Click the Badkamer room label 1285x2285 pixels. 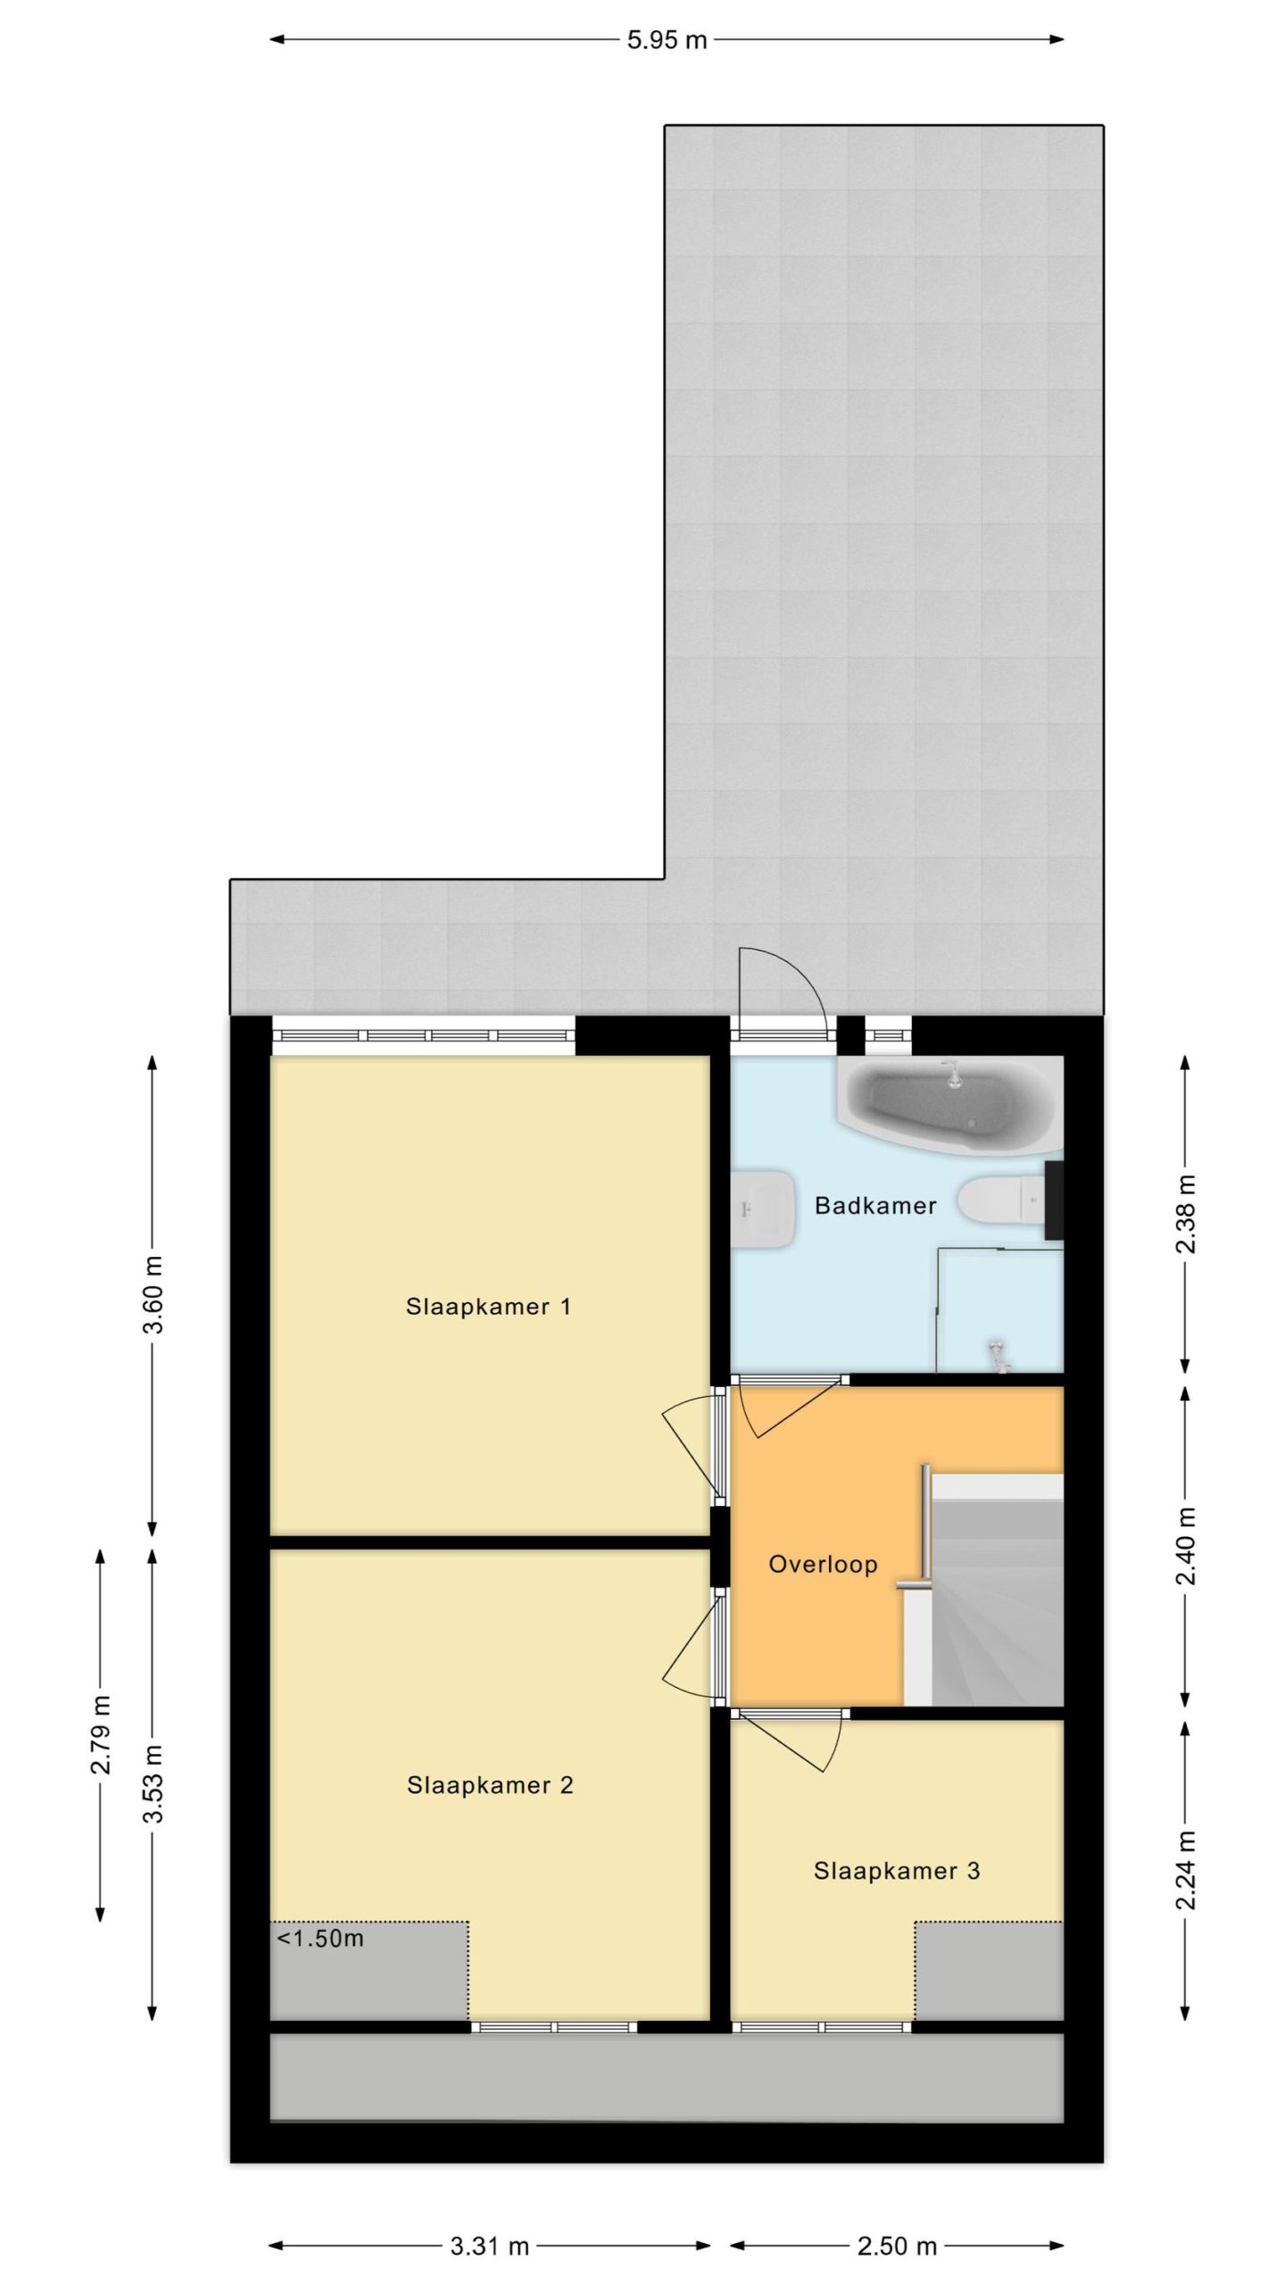875,1206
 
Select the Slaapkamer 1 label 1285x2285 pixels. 488,1307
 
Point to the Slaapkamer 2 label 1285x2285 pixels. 490,1785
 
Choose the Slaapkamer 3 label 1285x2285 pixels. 897,1871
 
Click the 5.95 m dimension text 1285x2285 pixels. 667,40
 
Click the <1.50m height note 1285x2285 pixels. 320,1939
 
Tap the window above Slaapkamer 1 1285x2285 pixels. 424,1035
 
